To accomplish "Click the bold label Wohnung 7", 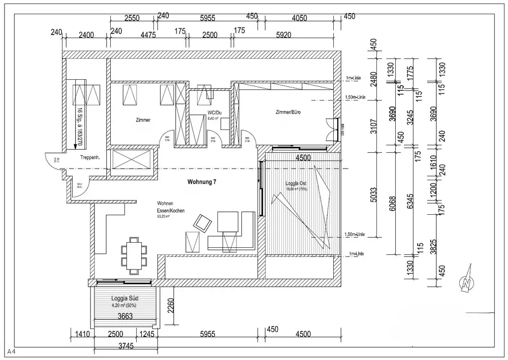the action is click(x=203, y=182).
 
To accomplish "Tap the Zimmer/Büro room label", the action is click(x=288, y=112).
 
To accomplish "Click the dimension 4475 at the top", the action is click(x=148, y=35).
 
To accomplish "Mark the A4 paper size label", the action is click(x=11, y=351).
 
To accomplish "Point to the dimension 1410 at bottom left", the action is click(x=81, y=334).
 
